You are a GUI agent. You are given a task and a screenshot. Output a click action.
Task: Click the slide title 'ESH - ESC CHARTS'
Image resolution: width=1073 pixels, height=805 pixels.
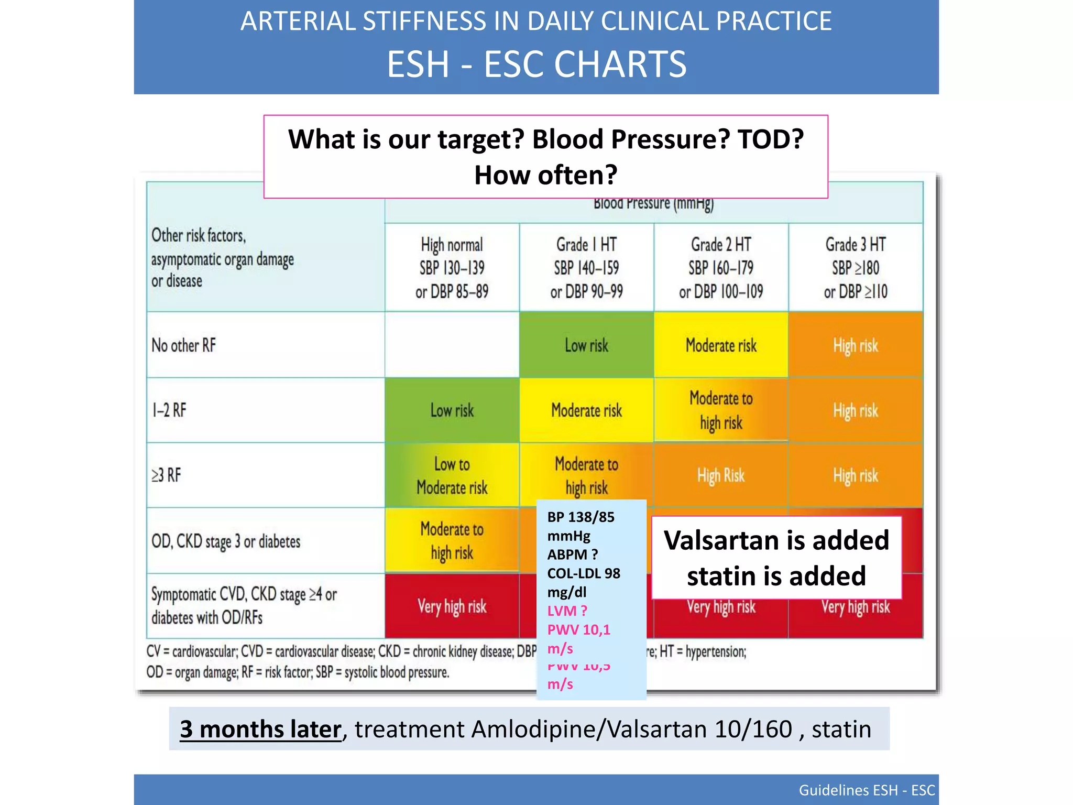click(536, 64)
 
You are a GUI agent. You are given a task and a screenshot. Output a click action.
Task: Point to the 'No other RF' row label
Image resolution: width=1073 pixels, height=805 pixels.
click(184, 345)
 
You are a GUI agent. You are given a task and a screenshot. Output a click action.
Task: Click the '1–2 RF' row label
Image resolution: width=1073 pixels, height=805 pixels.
click(169, 410)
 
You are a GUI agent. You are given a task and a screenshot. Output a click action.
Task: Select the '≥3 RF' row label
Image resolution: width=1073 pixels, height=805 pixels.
click(167, 475)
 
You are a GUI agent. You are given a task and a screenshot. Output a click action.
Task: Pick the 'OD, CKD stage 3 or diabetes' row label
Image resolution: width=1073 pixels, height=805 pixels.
click(226, 541)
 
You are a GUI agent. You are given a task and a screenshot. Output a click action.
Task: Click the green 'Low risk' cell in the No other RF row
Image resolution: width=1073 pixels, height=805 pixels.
click(586, 345)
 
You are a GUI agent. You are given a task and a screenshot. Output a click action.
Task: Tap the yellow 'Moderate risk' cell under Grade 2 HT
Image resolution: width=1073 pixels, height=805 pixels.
click(721, 345)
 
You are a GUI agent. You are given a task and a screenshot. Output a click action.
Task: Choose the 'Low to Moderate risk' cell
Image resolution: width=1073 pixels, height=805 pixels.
click(452, 476)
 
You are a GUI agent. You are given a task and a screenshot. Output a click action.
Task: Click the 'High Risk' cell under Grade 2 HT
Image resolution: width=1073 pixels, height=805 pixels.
click(721, 475)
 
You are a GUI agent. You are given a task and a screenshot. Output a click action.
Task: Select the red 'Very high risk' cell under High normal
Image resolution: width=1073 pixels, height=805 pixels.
click(452, 606)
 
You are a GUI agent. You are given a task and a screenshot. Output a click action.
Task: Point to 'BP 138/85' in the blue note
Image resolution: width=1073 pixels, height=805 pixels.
click(581, 517)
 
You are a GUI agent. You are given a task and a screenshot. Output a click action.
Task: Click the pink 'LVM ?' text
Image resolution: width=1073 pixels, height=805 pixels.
click(567, 611)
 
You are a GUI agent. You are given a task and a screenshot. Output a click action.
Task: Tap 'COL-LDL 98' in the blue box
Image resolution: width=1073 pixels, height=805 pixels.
click(584, 573)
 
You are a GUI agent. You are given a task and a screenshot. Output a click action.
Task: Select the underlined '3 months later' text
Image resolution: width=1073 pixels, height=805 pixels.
click(260, 729)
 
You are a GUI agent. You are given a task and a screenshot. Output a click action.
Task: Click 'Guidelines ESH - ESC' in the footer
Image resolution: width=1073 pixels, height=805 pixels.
click(867, 790)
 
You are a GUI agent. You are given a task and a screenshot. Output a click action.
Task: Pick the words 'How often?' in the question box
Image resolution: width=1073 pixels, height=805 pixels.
click(545, 175)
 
